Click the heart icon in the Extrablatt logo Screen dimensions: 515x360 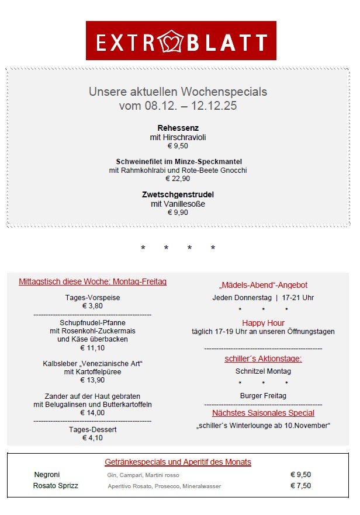click(181, 41)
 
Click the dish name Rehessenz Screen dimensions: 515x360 click(178, 128)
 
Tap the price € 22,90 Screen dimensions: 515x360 click(178, 179)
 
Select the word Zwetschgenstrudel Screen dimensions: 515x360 click(178, 194)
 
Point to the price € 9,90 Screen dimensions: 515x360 click(178, 213)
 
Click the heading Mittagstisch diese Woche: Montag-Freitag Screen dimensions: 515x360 click(92, 281)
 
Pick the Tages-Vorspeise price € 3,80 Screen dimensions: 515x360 click(92, 305)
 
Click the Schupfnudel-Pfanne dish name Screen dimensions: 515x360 click(92, 322)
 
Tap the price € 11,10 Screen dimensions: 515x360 click(92, 348)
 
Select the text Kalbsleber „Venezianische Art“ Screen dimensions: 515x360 click(92, 363)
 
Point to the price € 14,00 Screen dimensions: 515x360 click(92, 412)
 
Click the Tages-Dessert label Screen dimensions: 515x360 click(92, 429)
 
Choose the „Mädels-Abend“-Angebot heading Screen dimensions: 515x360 click(263, 285)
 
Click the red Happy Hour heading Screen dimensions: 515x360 click(263, 323)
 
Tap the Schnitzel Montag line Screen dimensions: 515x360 click(263, 371)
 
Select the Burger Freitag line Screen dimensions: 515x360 click(263, 396)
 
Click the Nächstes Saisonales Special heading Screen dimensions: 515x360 click(263, 413)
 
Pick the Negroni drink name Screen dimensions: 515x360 click(47, 475)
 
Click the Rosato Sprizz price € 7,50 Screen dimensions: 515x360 click(300, 485)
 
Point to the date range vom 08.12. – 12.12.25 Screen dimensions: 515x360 click(178, 106)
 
